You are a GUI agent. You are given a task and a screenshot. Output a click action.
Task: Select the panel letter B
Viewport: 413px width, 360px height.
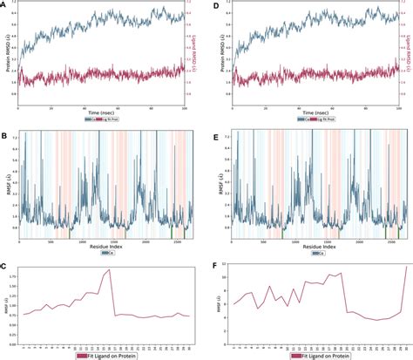point(4,134)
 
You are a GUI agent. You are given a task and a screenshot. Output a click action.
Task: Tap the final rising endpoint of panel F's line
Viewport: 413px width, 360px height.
point(406,267)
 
